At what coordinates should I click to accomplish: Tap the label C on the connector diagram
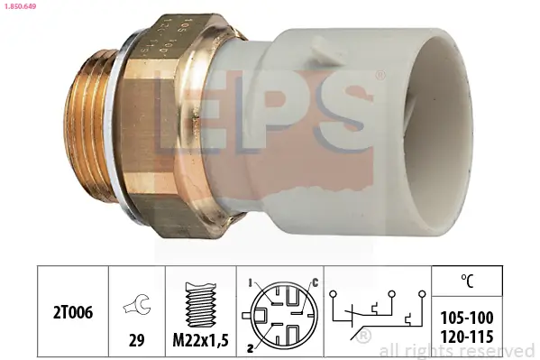coord(316,283)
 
